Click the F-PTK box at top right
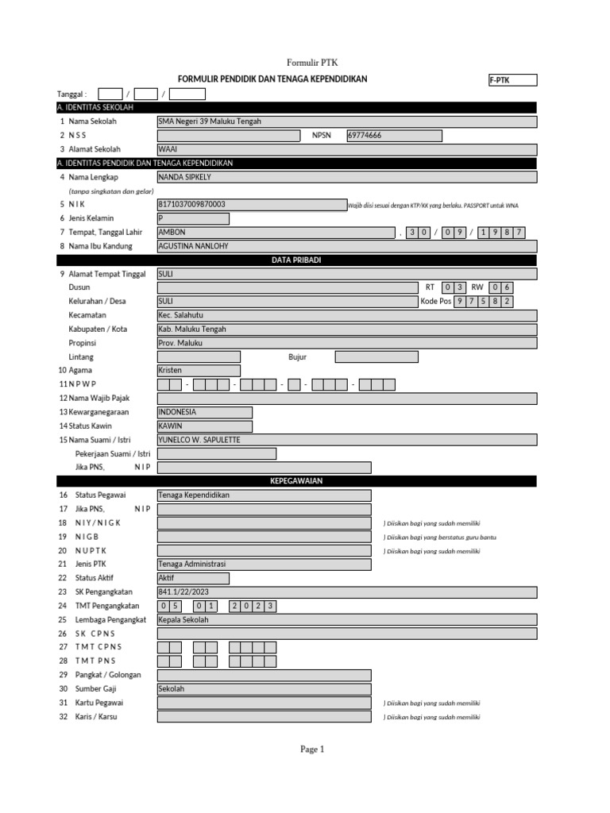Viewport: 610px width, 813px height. tap(512, 80)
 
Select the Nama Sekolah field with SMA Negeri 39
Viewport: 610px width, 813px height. tap(347, 121)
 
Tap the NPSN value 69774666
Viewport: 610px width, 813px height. tap(394, 136)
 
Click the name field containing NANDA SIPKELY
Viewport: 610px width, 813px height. tap(347, 177)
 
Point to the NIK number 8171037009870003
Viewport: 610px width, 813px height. tap(251, 205)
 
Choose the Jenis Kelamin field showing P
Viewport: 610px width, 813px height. tap(193, 218)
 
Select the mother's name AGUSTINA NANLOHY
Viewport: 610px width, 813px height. tap(347, 246)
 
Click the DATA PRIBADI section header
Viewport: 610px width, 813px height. tap(295, 260)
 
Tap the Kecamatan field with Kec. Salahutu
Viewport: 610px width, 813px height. tap(347, 315)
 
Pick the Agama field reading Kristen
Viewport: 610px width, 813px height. tap(199, 371)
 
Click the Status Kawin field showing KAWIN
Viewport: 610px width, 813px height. tap(205, 426)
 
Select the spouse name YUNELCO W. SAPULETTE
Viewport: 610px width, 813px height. tap(347, 440)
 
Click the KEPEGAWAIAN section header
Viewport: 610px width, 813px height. tap(295, 481)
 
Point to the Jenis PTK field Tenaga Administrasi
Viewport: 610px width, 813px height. tap(264, 564)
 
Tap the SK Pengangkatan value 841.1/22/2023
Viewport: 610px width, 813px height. tap(264, 591)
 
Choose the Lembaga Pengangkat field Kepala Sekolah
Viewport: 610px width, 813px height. tap(264, 619)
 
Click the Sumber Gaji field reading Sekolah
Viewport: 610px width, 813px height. tap(264, 689)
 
